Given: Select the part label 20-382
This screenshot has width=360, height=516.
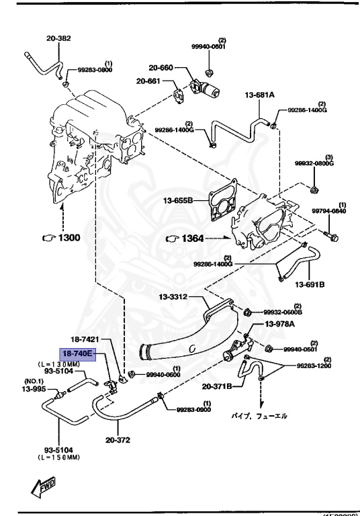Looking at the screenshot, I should tap(59, 39).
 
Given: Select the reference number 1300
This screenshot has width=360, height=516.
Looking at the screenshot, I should tap(69, 237).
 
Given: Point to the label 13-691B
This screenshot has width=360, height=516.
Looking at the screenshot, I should tap(308, 285).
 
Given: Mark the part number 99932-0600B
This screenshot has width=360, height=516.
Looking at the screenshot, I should tap(281, 312).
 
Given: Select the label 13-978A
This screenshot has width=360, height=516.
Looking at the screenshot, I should tap(284, 325).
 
